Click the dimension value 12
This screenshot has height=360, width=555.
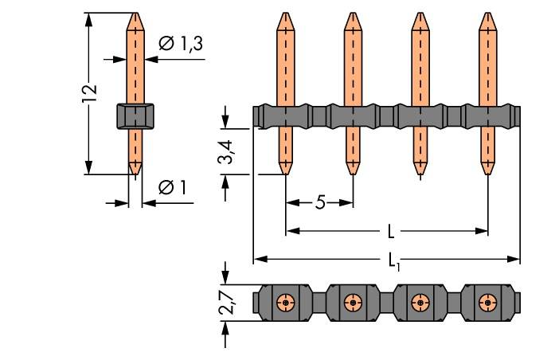pos(91,92)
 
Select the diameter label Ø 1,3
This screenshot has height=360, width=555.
pos(181,45)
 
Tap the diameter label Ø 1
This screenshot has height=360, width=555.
pos(172,187)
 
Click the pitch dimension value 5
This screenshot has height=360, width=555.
pos(320,202)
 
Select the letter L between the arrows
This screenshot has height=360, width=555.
pos(390,232)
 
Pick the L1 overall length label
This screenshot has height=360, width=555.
pos(393,260)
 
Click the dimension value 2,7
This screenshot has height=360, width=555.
pos(226,302)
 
